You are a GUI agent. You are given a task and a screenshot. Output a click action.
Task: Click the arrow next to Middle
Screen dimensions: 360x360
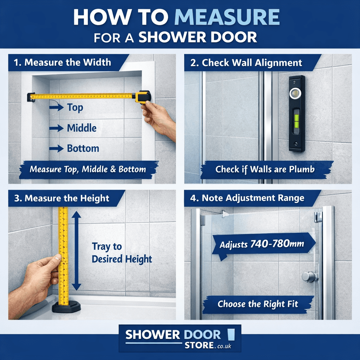click(56, 128)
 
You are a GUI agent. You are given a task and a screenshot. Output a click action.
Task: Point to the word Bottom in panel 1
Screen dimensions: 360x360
click(83, 148)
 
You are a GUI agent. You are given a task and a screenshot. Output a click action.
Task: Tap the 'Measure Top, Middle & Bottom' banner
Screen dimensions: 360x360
click(88, 169)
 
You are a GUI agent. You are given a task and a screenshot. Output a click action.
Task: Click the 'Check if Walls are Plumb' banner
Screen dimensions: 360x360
click(265, 169)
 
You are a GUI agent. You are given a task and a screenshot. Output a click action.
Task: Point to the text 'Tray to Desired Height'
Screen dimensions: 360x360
click(122, 253)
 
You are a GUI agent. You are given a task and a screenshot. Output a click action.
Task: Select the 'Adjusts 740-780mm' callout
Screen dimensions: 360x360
click(262, 244)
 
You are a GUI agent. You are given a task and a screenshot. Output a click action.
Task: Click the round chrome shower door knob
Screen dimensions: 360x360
click(308, 277)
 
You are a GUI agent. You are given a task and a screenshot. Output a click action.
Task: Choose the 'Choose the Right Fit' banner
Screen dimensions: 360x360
click(258, 304)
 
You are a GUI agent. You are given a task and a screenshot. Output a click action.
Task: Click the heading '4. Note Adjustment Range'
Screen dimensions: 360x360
click(252, 198)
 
